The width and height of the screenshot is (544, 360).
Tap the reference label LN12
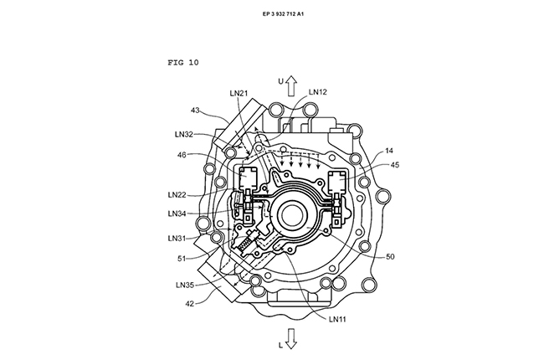pos(318,92)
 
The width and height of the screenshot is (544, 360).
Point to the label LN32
pos(185,133)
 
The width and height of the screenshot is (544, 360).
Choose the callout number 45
pos(395,165)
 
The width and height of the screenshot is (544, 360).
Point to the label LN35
pos(187,285)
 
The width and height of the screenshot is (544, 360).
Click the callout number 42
pos(192,306)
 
